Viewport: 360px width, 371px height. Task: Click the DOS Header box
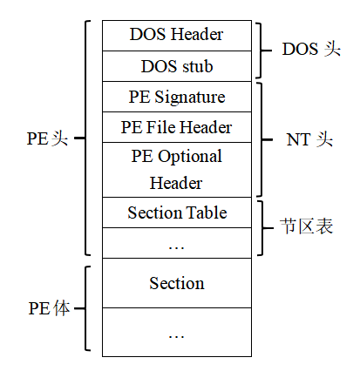tap(176, 35)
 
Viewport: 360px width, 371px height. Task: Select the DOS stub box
tap(176, 65)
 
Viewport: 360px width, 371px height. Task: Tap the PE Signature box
tap(176, 97)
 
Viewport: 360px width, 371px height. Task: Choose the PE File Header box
tap(176, 127)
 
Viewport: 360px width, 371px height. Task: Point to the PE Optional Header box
tap(176, 170)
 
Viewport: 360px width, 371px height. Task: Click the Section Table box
tap(176, 212)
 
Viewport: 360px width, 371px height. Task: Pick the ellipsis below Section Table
tap(176, 245)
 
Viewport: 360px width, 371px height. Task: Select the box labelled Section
tap(176, 283)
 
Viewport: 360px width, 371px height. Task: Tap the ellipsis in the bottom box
tap(176, 333)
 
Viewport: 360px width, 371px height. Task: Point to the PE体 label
tap(48, 308)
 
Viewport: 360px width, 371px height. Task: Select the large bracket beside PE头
tap(85, 138)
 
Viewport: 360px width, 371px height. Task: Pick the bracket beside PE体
tap(85, 308)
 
